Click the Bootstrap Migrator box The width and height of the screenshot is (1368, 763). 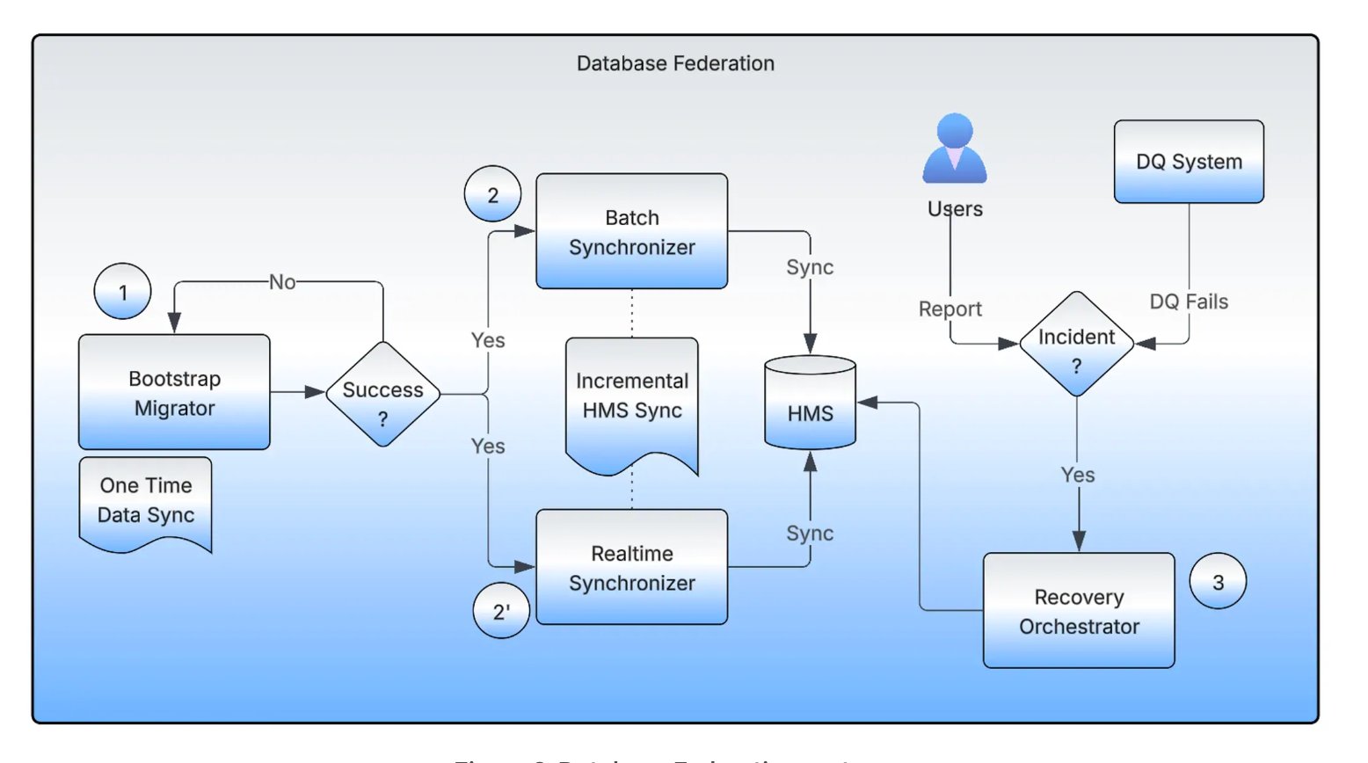[174, 392]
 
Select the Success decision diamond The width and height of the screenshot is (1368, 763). [382, 395]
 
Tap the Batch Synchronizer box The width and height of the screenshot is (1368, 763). [631, 231]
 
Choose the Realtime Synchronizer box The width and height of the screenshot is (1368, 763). [631, 567]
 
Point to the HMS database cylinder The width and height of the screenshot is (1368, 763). [810, 403]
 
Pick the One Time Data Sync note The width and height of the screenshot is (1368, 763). [145, 502]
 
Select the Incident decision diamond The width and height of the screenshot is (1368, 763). [1076, 344]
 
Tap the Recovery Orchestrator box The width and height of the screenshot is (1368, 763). [1079, 611]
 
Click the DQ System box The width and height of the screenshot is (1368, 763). [1189, 162]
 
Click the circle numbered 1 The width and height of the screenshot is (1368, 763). [122, 291]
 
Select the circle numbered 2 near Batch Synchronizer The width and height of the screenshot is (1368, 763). [492, 194]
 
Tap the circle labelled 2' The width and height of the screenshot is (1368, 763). [501, 611]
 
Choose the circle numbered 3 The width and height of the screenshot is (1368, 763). [1218, 582]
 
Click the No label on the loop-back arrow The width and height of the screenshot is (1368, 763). [282, 282]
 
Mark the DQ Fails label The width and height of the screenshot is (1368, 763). [1189, 302]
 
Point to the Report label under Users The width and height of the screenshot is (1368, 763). [950, 309]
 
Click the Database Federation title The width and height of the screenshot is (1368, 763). [675, 63]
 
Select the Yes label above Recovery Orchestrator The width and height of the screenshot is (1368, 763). [1078, 475]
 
